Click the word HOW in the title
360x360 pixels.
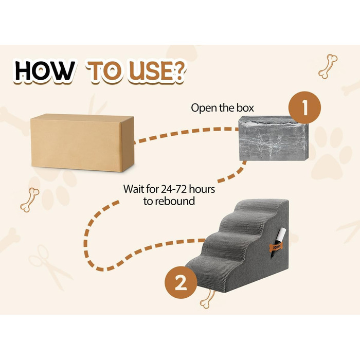(x=44, y=71)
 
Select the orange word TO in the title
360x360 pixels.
(x=105, y=72)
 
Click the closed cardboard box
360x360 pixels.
(x=82, y=142)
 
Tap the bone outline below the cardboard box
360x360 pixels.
(x=29, y=200)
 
